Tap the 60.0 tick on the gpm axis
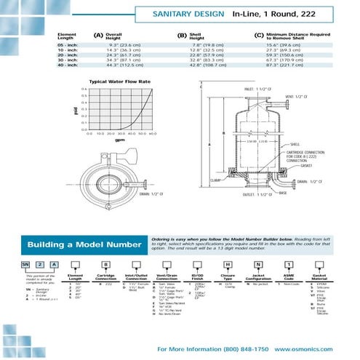(153, 134)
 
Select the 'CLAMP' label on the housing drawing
(217, 180)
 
